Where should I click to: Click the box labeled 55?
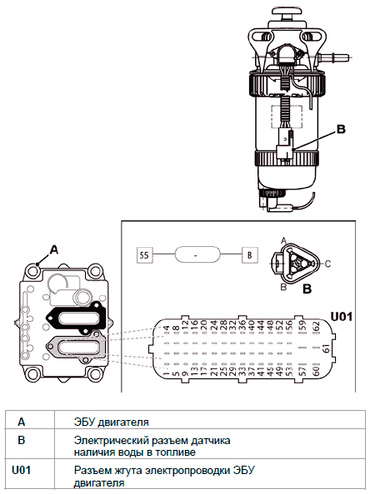tap(144, 254)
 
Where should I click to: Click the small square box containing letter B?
tap(250, 254)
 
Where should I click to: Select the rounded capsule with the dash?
tap(197, 254)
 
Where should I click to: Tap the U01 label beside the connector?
tap(341, 316)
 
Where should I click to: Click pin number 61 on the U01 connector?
tap(327, 348)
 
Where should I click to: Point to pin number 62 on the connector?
tap(317, 326)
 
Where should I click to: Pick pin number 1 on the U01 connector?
tap(166, 373)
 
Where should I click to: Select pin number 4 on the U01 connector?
tap(166, 329)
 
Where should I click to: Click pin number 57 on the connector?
tap(302, 371)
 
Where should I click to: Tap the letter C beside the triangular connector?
tap(327, 264)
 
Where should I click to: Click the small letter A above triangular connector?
tap(284, 240)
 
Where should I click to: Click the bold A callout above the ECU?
tap(54, 249)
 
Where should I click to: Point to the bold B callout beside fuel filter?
tap(342, 129)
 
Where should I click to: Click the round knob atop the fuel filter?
tap(287, 12)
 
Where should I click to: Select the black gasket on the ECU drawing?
tap(77, 319)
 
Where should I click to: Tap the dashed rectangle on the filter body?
tap(287, 116)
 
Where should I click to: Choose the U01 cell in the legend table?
tap(22, 471)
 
